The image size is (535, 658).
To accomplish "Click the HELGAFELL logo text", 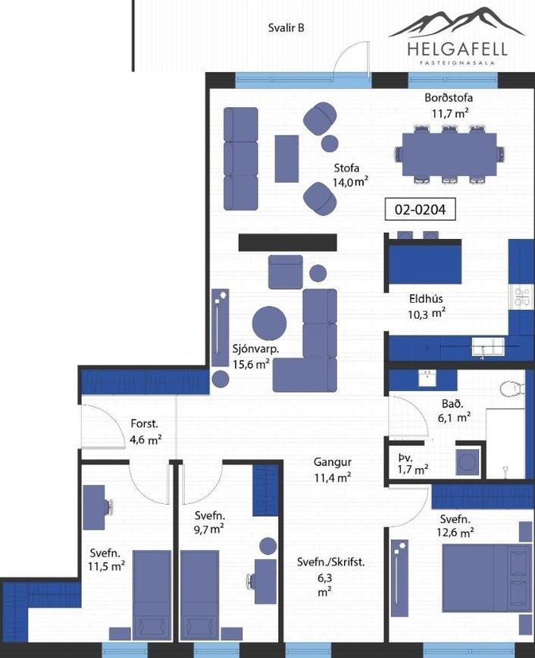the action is point(457,49).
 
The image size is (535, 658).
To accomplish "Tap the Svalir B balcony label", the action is point(286,28).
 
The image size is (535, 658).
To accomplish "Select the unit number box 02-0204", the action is point(421,209).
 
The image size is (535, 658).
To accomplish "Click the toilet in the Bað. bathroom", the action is point(512,388).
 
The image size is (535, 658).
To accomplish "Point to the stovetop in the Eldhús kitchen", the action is point(522,296).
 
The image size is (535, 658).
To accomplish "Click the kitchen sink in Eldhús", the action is point(488,348).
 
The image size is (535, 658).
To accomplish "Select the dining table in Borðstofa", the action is point(449,154).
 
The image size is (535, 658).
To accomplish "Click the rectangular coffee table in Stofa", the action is point(286,159).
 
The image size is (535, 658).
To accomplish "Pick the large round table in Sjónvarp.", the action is point(269,323).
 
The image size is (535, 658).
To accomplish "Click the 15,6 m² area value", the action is point(251,364).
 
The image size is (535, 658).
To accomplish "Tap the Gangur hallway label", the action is point(333,462).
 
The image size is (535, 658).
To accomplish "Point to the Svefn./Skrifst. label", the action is point(330,562).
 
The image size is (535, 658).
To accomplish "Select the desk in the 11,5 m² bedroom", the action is point(94,507).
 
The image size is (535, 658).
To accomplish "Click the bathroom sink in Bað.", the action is point(427,378).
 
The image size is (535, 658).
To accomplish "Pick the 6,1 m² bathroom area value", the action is point(454,418).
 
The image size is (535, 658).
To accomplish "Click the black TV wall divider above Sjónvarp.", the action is point(288,243).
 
